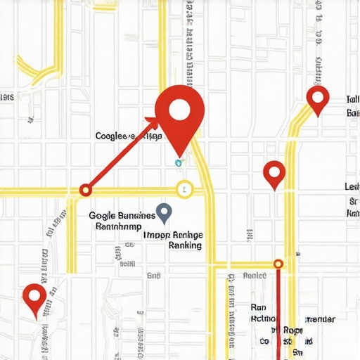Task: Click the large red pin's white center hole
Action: [x=180, y=109]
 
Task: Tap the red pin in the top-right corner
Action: [x=319, y=98]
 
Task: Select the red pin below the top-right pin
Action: [x=274, y=172]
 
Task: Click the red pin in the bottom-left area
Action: [x=34, y=296]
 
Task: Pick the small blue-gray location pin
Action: [x=164, y=212]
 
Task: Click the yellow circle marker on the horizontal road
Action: [x=184, y=188]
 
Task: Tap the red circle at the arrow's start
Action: [x=86, y=190]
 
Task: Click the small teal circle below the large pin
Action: [x=179, y=162]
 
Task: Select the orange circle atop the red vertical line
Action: [x=278, y=264]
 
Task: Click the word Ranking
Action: [x=186, y=245]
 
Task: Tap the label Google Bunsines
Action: [x=117, y=215]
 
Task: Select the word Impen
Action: [x=156, y=235]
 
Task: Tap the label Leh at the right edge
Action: [x=351, y=187]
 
